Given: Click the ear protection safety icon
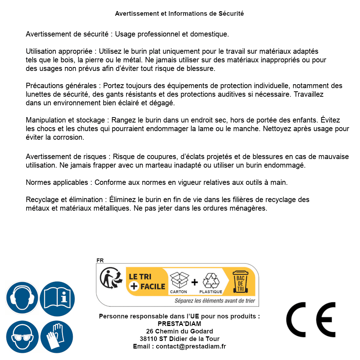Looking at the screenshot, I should (x=22, y=298).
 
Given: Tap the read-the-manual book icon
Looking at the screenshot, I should (x=57, y=298).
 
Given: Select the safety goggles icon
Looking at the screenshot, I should (x=22, y=337).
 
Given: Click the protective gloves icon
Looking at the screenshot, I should (x=57, y=337).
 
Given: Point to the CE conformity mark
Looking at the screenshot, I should (x=311, y=320).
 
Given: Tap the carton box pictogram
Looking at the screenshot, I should (x=179, y=280).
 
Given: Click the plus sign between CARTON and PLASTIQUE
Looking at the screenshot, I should (x=195, y=282).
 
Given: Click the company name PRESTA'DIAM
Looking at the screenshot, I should (x=179, y=324).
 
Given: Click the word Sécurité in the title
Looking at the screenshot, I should (x=231, y=14).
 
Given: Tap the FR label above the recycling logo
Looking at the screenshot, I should (x=100, y=260).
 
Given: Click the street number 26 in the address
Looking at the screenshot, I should (x=150, y=331).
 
